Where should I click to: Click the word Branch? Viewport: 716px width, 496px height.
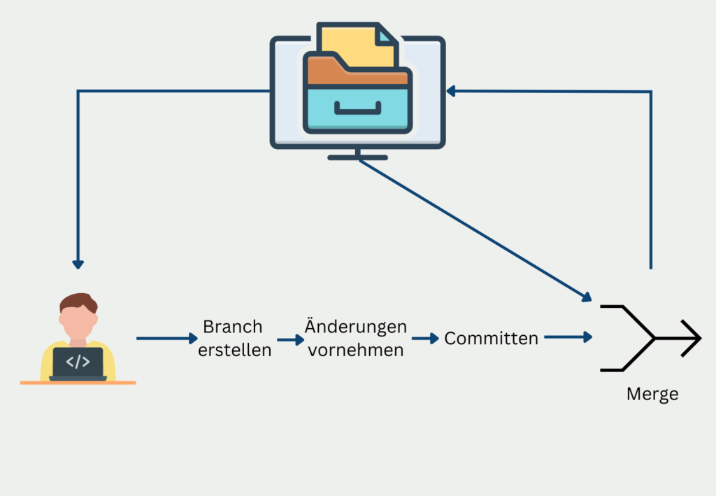233,327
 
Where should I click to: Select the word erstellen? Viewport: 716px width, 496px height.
234,350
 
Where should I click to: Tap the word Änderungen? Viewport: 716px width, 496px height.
356,327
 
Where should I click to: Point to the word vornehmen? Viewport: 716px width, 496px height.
356,350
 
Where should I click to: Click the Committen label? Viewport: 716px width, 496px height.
492,339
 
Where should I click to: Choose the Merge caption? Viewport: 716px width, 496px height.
652,394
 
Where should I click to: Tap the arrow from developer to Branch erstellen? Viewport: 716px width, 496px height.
167,339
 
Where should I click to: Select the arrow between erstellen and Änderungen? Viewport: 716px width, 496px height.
290,339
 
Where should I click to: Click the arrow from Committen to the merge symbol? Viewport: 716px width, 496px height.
568,337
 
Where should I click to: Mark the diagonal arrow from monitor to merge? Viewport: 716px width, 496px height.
475,230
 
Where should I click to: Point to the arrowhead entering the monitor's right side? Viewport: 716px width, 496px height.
452,91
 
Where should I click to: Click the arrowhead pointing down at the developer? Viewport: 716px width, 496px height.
78,264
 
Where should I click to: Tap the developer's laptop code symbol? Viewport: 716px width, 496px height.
78,362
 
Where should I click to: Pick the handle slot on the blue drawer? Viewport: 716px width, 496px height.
357,108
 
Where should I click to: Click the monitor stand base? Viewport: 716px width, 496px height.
357,157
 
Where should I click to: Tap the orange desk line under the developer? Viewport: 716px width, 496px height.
78,383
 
